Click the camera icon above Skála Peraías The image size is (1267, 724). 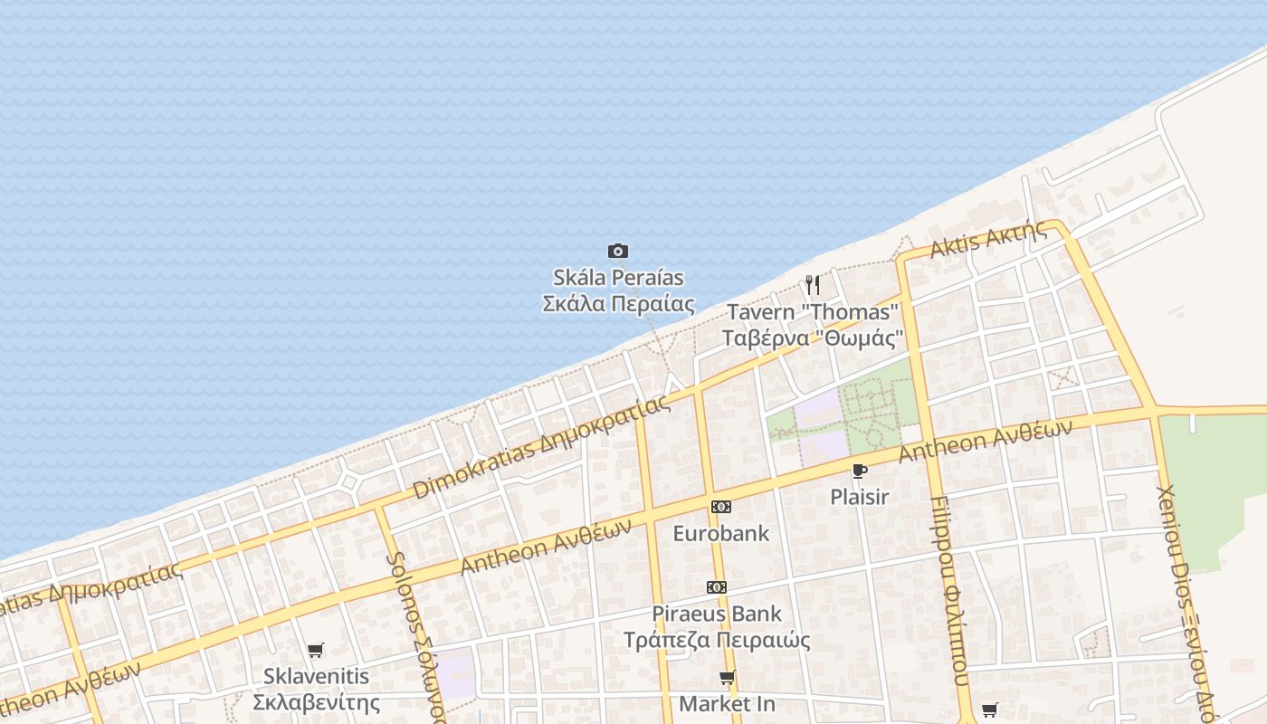click(x=618, y=251)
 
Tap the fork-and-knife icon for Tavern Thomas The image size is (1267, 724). click(x=813, y=286)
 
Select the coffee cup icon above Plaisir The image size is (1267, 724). click(x=859, y=471)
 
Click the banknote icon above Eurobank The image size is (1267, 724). click(x=720, y=507)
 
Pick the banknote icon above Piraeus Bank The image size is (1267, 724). click(x=717, y=587)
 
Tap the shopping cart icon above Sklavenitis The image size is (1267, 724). click(x=315, y=650)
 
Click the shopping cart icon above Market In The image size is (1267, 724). click(x=727, y=677)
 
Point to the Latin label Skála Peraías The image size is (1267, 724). click(x=618, y=277)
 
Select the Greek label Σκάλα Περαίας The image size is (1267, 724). click(x=618, y=303)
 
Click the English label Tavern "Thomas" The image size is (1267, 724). click(x=813, y=312)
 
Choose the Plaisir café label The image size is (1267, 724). click(x=859, y=497)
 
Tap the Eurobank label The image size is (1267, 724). click(x=720, y=533)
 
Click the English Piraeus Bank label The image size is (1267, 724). click(x=717, y=614)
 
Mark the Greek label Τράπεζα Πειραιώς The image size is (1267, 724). click(x=717, y=640)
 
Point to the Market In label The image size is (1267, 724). click(x=727, y=703)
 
